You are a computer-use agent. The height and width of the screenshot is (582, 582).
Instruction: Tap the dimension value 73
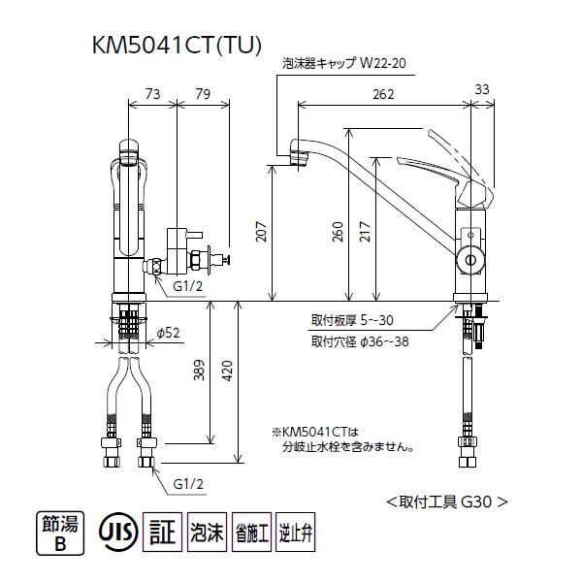151,93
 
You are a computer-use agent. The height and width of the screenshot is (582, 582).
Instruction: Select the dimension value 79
203,93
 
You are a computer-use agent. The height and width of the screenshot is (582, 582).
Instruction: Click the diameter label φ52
170,333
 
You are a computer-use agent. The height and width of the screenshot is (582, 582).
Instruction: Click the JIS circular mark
117,533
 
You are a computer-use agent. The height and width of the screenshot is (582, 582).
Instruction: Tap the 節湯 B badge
57,533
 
